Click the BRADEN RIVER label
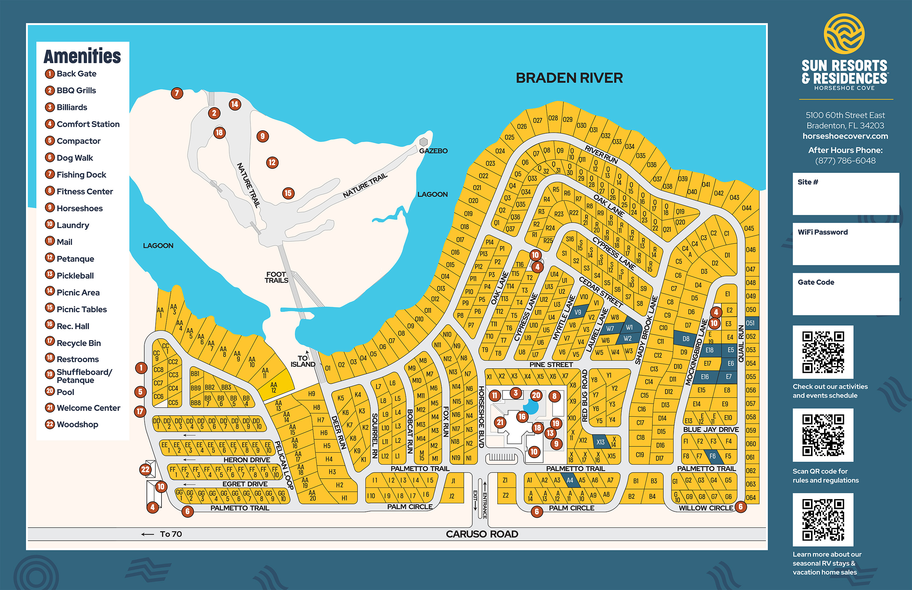(569, 78)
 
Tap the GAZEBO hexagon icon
(423, 142)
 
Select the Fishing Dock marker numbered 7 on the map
(177, 93)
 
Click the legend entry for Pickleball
(75, 275)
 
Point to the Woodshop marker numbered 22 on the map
(145, 469)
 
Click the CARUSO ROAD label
(482, 534)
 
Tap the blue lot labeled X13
(601, 442)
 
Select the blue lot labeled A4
(570, 480)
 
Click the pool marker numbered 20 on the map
(536, 395)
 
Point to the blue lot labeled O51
(750, 323)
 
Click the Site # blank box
(845, 194)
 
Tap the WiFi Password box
(845, 244)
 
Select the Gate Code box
(845, 294)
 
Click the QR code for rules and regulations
(823, 435)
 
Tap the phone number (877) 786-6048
(845, 161)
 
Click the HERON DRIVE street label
(247, 460)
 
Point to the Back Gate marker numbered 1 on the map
(141, 368)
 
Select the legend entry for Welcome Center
(88, 408)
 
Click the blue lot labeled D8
(686, 339)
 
